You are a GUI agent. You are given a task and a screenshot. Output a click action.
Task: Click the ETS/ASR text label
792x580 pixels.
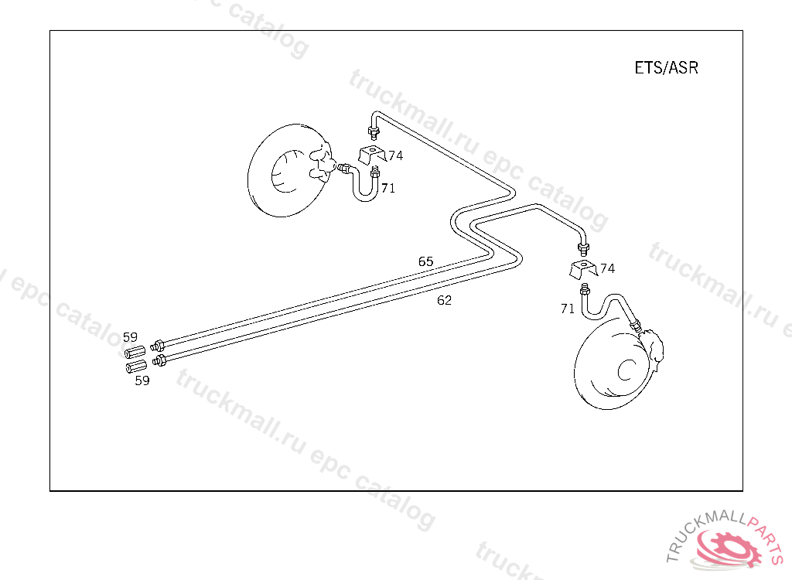[666, 68]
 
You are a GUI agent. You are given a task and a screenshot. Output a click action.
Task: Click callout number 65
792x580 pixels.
[426, 261]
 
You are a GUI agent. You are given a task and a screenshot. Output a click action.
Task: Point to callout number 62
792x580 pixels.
[444, 300]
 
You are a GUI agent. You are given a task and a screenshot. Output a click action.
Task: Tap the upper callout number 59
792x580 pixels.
[130, 337]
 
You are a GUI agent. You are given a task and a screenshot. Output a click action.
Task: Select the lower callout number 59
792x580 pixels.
[142, 380]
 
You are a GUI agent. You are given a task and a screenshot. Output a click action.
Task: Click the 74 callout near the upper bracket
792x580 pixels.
[395, 155]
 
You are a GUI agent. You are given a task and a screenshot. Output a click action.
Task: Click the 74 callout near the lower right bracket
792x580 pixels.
[607, 268]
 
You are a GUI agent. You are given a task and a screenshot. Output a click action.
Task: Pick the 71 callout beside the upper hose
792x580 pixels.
[387, 188]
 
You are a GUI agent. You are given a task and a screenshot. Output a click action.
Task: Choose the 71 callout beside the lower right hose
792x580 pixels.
[568, 309]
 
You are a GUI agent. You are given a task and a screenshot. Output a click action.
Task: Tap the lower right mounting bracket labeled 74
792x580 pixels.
[582, 270]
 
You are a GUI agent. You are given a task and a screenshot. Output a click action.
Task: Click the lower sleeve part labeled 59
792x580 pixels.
[135, 367]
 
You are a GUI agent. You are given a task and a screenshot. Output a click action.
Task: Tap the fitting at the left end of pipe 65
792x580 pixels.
[158, 345]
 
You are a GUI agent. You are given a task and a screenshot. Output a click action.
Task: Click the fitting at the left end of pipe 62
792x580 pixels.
[160, 360]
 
